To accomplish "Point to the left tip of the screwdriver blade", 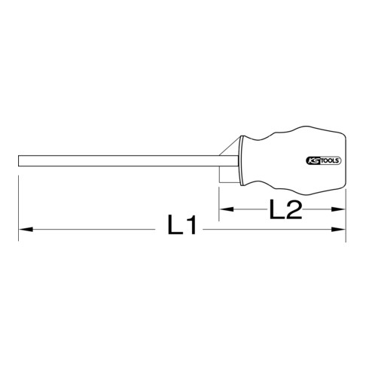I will [19, 160].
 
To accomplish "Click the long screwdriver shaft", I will [113, 160].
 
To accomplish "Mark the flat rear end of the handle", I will [345, 160].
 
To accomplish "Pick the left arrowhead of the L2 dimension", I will [224, 211].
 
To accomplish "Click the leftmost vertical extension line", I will [19, 203].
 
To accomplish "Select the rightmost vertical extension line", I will [346, 203].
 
